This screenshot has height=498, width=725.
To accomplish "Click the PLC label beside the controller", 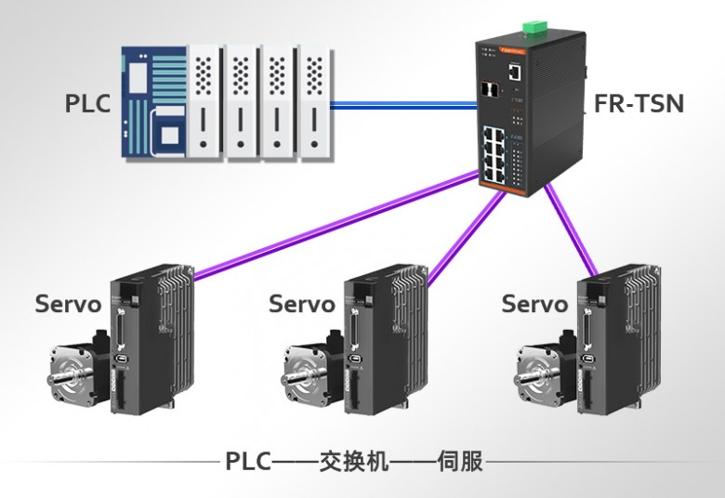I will [x=87, y=103].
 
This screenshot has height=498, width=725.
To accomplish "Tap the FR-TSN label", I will [x=639, y=103].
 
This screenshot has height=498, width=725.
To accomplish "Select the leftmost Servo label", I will [x=68, y=304].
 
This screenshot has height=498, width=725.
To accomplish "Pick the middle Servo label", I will [x=302, y=304].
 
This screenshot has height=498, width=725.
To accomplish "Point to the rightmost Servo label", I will [x=534, y=304].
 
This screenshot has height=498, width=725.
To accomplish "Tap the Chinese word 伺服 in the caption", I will [x=462, y=461].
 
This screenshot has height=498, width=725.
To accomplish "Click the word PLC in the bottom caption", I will [x=248, y=461].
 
